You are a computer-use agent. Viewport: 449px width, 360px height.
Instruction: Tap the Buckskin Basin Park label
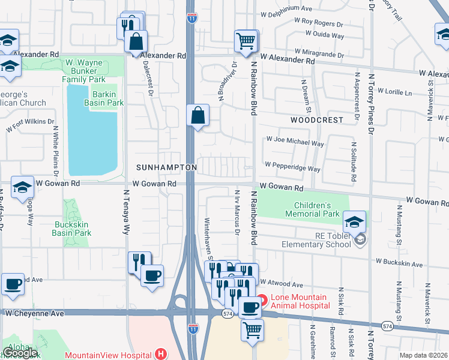click(x=73, y=229)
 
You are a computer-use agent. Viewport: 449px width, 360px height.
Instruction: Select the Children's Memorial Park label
click(x=312, y=209)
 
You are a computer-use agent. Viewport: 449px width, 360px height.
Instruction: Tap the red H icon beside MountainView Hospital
click(x=160, y=355)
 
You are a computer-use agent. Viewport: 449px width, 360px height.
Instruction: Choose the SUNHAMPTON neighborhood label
click(x=166, y=166)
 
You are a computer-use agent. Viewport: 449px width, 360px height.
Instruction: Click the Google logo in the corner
click(x=19, y=353)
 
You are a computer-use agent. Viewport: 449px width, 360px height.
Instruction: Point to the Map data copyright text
click(x=423, y=355)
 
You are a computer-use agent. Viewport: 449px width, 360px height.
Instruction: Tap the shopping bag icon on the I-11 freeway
click(x=197, y=115)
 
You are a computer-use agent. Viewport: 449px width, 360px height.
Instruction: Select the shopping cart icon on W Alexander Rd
click(x=246, y=41)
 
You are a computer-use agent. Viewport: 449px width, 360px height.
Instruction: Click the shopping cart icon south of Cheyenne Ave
click(x=253, y=330)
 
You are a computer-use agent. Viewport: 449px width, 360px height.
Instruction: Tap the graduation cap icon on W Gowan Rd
click(x=22, y=188)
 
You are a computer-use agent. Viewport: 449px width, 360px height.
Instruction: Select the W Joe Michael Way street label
click(x=296, y=143)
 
